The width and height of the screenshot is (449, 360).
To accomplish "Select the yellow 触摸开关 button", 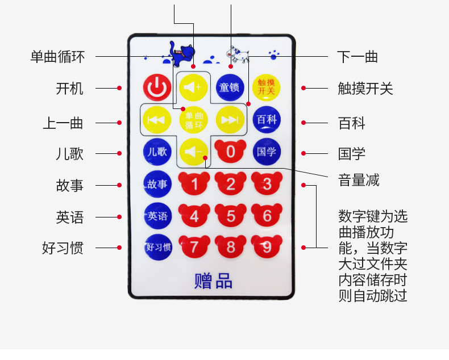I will (x=266, y=87).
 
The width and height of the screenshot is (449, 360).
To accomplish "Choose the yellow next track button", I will (x=230, y=119).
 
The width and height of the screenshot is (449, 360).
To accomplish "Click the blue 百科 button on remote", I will (x=267, y=119).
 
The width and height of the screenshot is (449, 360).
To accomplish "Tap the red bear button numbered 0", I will (x=230, y=151).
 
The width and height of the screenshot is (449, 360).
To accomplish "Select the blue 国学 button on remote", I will (x=267, y=152).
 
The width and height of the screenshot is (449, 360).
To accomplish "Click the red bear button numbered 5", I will (x=230, y=216).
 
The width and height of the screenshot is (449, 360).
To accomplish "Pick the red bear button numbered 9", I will (x=267, y=247).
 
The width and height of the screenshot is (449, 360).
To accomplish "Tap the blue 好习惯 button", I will (x=157, y=247).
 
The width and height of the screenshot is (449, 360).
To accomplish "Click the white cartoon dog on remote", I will (x=238, y=55).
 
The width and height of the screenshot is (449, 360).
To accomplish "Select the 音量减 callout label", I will (x=359, y=181).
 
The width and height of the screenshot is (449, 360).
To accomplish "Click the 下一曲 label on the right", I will (x=357, y=57).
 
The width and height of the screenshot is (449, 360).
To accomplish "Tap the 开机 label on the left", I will (x=70, y=89).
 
